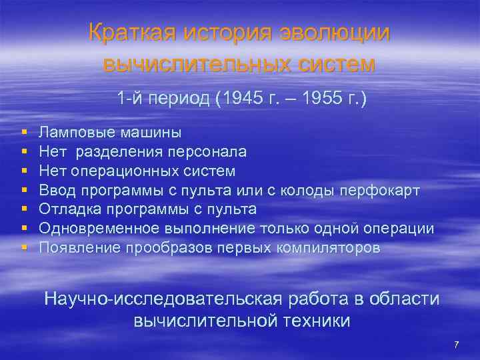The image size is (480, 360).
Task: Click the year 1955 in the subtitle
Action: [326, 99]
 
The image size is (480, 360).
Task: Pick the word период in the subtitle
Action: [175, 99]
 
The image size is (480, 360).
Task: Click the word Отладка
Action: [65, 209]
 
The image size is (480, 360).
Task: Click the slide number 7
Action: [456, 345]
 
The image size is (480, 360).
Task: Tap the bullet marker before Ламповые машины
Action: [24, 133]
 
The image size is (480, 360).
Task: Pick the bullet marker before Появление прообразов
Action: [24, 248]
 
